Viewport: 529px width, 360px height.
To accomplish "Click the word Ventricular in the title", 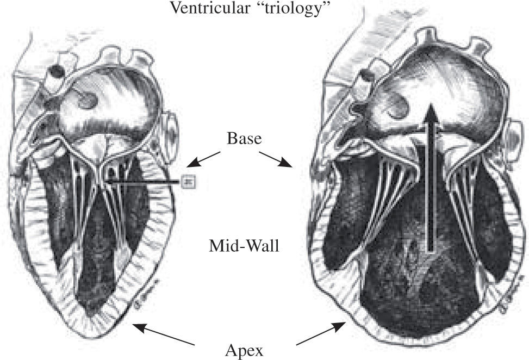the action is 202,8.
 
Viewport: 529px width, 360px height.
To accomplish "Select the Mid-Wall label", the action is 245,246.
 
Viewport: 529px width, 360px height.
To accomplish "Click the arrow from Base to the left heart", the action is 203,159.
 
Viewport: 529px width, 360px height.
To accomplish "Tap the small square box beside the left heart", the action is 189,181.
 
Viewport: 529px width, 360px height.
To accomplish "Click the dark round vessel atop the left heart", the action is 55,72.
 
